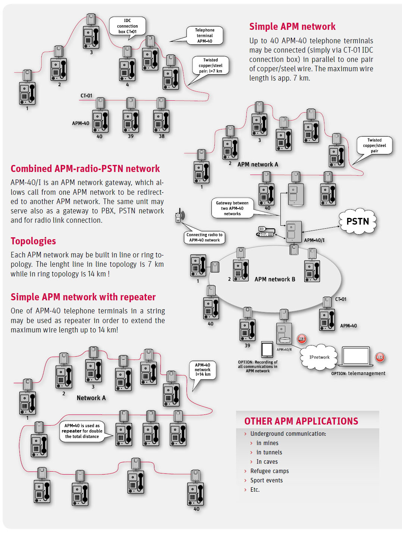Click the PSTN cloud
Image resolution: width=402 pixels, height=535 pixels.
pyautogui.click(x=357, y=222)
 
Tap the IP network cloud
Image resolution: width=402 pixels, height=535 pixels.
pyautogui.click(x=319, y=357)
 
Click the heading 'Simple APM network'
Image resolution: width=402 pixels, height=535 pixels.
pyautogui.click(x=292, y=26)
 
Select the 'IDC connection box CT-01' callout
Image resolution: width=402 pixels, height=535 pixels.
pyautogui.click(x=127, y=26)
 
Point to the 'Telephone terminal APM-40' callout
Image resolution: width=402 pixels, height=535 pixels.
pyautogui.click(x=204, y=35)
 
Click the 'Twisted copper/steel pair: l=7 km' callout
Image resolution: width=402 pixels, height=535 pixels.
pyautogui.click(x=210, y=65)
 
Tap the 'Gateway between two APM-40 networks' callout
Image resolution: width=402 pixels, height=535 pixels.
pyautogui.click(x=232, y=208)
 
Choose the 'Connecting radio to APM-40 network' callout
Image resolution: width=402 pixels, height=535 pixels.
pyautogui.click(x=204, y=237)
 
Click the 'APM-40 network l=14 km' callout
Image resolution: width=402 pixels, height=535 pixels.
pyautogui.click(x=202, y=370)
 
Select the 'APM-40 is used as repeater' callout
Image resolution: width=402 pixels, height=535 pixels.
pyautogui.click(x=82, y=431)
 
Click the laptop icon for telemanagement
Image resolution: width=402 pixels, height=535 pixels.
pyautogui.click(x=356, y=356)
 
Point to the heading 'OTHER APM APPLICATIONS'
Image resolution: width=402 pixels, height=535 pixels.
pyautogui.click(x=301, y=421)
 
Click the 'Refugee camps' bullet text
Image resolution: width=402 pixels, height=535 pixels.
pyautogui.click(x=269, y=471)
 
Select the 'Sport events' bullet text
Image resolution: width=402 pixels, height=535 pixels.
pyautogui.click(x=266, y=481)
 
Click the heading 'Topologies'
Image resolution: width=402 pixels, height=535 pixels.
pyautogui.click(x=33, y=241)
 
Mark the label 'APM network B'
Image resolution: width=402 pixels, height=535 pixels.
pyautogui.click(x=274, y=279)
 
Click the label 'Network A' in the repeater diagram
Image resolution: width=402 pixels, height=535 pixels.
pyautogui.click(x=91, y=398)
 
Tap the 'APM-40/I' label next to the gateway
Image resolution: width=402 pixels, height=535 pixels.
pyautogui.click(x=314, y=240)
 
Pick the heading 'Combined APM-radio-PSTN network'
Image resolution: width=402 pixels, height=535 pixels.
pyautogui.click(x=85, y=169)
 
